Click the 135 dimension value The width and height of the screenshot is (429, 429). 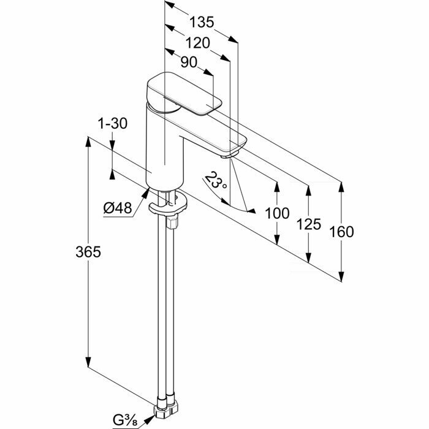pos(202,23)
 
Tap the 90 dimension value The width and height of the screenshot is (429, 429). pos(189,62)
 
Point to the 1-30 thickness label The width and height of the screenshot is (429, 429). pos(112,123)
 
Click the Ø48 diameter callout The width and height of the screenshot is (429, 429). pos(118,208)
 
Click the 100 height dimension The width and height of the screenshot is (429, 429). pos(277,213)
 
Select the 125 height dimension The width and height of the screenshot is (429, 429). pos(308,224)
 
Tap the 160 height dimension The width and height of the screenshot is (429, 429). pos(341,232)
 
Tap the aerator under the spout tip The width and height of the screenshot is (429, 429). pos(230,153)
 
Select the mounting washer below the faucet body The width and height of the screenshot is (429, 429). pos(167,209)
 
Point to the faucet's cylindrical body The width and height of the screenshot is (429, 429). pos(164,150)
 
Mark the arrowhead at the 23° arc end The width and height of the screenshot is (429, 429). pos(251,211)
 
